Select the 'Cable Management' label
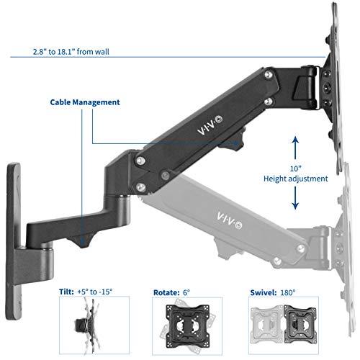tap(84, 102)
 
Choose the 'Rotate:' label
tap(166, 292)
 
